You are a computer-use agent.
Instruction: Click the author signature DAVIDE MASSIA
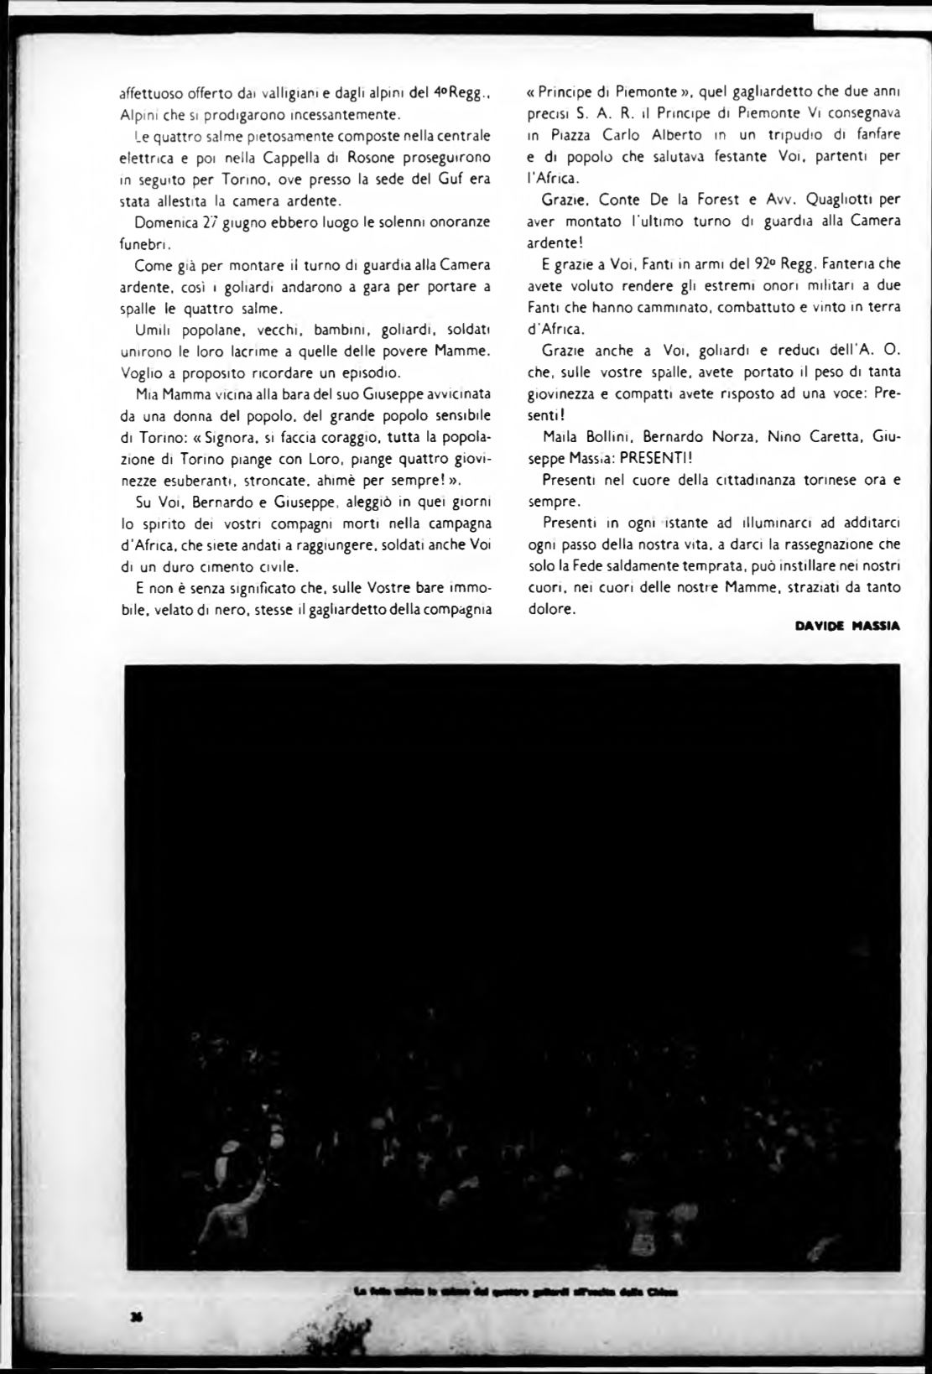tap(847, 626)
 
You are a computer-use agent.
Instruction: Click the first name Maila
tap(558, 436)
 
